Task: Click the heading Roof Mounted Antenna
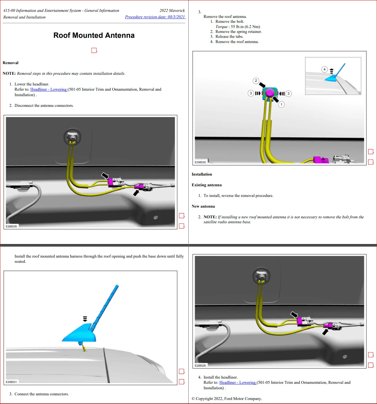click(x=94, y=36)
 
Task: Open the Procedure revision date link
click(x=155, y=17)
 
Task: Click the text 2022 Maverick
click(x=172, y=10)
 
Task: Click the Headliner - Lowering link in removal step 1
click(x=49, y=89)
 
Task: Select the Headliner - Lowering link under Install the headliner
click(x=238, y=382)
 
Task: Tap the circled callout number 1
click(x=281, y=105)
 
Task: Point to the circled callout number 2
click(x=256, y=81)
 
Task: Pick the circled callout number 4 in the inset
click(x=324, y=69)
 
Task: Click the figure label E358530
click(x=200, y=162)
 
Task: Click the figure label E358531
click(x=11, y=382)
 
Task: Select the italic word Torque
click(x=222, y=27)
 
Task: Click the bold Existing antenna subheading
click(x=207, y=185)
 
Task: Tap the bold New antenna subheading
click(x=203, y=206)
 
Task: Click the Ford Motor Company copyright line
click(x=227, y=399)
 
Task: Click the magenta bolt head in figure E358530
click(x=270, y=93)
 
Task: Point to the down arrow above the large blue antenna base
click(x=85, y=319)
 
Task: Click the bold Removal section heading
click(x=11, y=63)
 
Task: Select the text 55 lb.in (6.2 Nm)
click(x=245, y=27)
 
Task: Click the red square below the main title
click(x=94, y=50)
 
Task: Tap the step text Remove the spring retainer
click(x=239, y=31)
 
